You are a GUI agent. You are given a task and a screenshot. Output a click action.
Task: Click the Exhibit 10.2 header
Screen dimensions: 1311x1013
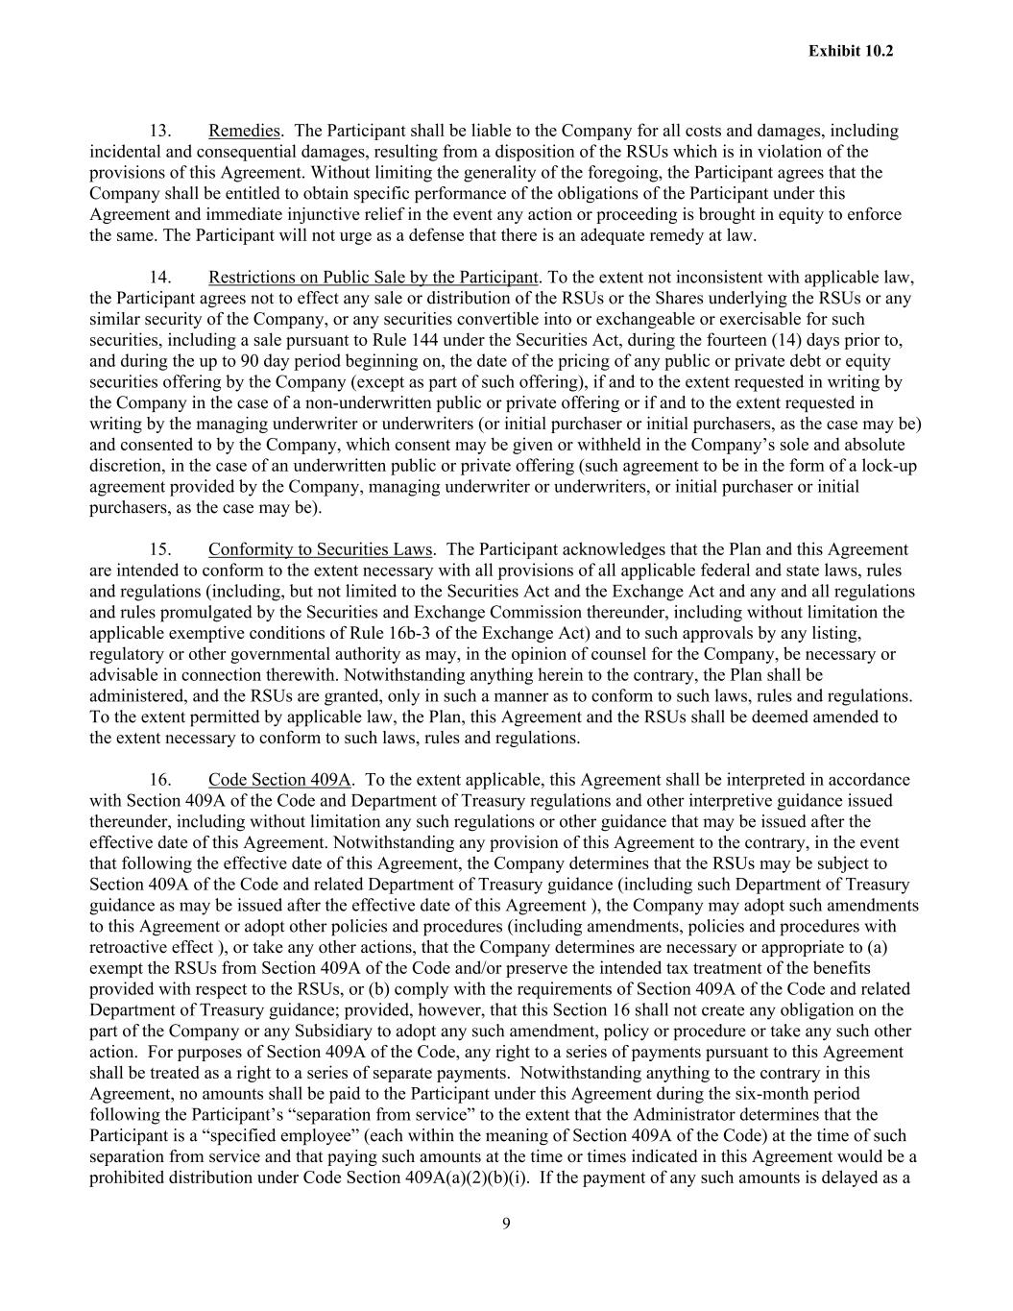click(x=850, y=51)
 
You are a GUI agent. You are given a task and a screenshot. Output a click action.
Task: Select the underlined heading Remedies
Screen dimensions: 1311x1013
click(x=244, y=131)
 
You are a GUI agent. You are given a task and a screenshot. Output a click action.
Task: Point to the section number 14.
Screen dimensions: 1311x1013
click(x=159, y=278)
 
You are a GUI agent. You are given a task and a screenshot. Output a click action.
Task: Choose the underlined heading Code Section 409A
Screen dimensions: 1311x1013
click(x=279, y=779)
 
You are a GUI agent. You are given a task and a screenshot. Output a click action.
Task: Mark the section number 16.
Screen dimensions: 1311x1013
click(x=159, y=779)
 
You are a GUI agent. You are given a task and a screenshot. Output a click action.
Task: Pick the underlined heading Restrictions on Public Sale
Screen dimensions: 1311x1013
click(x=373, y=278)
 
